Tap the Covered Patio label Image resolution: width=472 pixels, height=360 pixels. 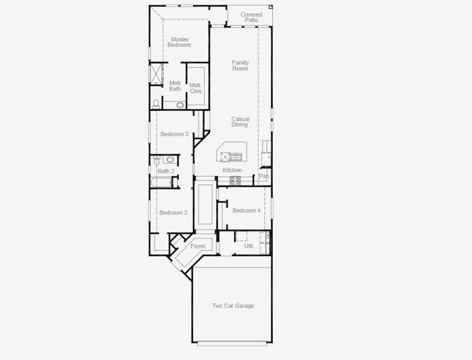coord(251,17)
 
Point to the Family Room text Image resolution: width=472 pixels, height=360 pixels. coord(240,65)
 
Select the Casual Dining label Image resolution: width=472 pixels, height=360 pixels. coord(240,122)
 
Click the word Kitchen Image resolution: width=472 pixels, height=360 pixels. coord(232,170)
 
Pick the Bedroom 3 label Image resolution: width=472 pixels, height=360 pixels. coord(175,134)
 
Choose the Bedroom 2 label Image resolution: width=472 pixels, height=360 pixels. coord(173,212)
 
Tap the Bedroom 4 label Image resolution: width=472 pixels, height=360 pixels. coord(246,210)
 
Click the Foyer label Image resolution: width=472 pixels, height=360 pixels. coord(198,246)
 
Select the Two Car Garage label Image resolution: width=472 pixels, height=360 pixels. coord(233,306)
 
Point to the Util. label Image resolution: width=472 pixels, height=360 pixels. coord(249,246)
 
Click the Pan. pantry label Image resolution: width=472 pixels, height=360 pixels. coord(263,176)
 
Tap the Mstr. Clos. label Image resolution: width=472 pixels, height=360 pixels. coord(196,88)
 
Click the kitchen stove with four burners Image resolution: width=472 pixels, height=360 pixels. coord(235,179)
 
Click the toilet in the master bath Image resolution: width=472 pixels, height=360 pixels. coord(155,104)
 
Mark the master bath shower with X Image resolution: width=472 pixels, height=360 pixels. coord(156,75)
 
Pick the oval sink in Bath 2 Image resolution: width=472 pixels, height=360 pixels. coord(170,160)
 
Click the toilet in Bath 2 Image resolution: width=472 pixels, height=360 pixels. coord(157,161)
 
